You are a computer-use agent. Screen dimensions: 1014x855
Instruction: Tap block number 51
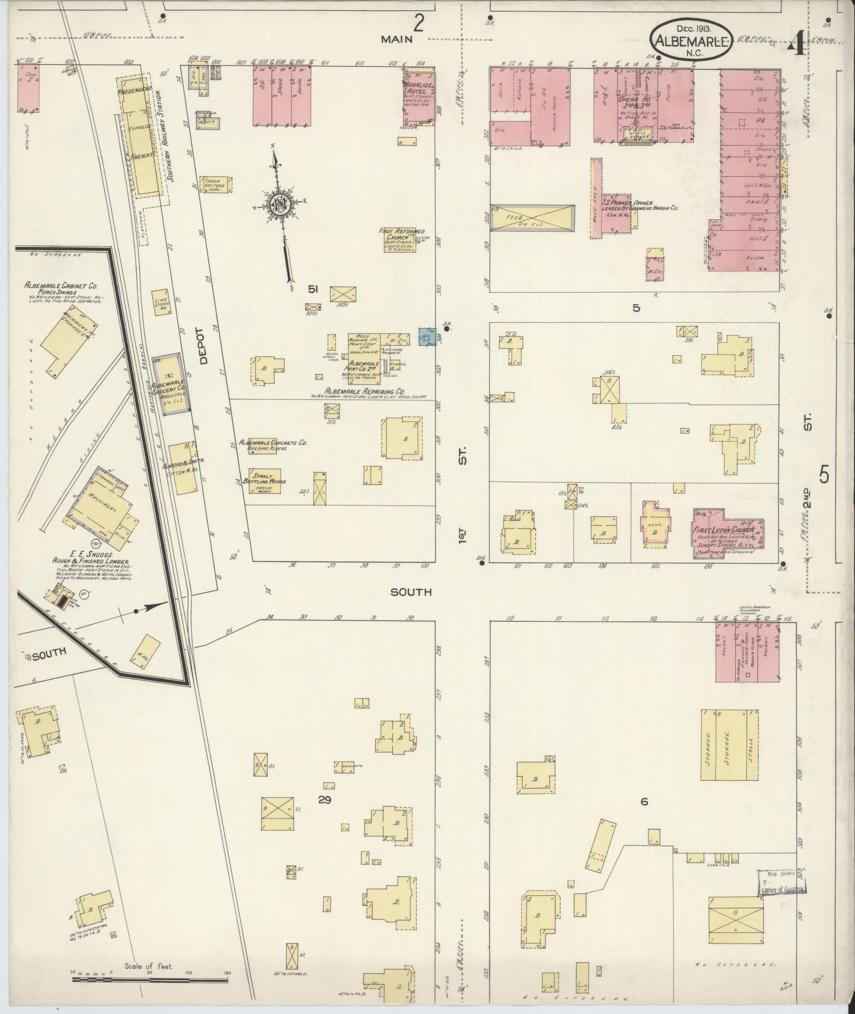point(313,288)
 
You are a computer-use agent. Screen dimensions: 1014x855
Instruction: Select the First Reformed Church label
point(401,234)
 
